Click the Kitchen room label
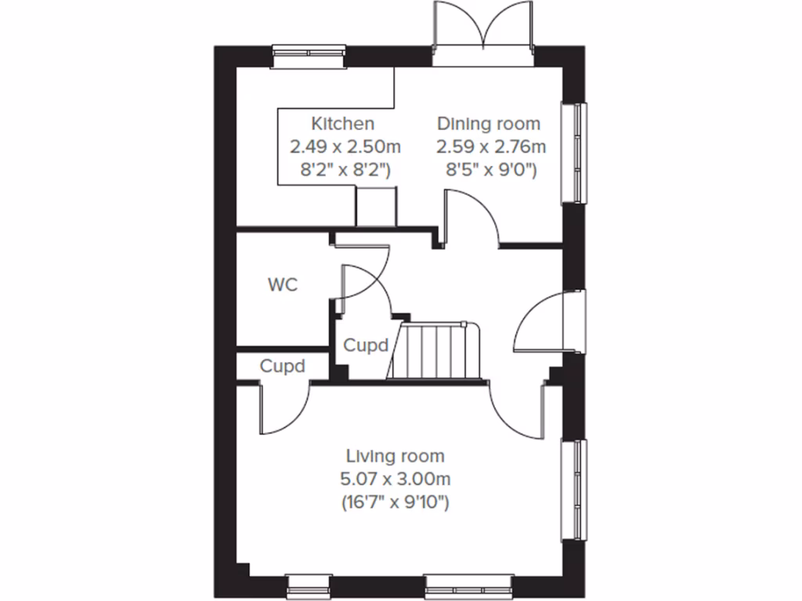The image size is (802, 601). pyautogui.click(x=342, y=124)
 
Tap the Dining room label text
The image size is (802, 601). pyautogui.click(x=489, y=124)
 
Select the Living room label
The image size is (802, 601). pyautogui.click(x=396, y=455)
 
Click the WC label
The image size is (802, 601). pyautogui.click(x=282, y=285)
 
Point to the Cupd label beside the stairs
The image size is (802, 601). pyautogui.click(x=367, y=344)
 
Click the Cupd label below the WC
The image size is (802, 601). pyautogui.click(x=282, y=366)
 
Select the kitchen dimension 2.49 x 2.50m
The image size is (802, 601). pyautogui.click(x=345, y=146)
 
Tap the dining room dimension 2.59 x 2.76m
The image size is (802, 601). pyautogui.click(x=491, y=146)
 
